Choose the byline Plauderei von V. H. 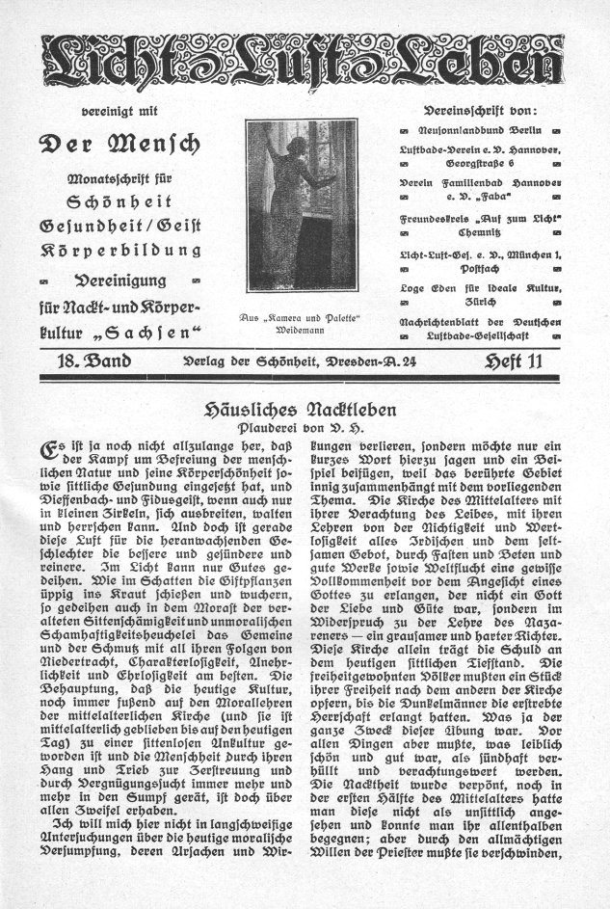pos(305,428)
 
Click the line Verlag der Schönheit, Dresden pos(305,361)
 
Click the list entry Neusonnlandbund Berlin pos(484,129)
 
